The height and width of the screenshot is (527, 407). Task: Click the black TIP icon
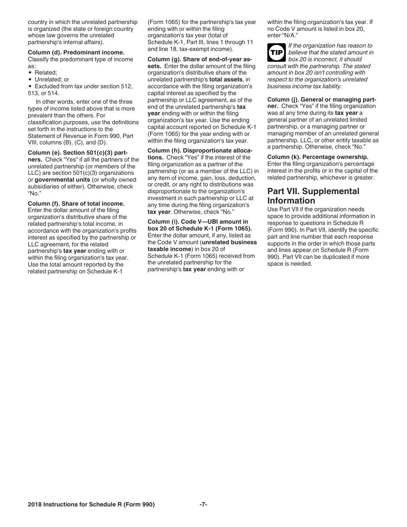pyautogui.click(x=276, y=52)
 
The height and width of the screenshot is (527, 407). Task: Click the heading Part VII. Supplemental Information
pyautogui.click(x=313, y=196)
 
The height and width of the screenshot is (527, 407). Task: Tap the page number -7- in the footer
pyautogui.click(x=203, y=505)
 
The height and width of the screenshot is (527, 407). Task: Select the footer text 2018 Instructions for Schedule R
pyautogui.click(x=91, y=505)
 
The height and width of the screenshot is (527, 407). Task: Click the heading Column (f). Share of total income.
pyautogui.click(x=76, y=204)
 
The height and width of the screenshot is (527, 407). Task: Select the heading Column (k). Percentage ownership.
pyautogui.click(x=317, y=157)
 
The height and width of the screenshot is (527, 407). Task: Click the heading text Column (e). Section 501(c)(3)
pyautogui.click(x=81, y=153)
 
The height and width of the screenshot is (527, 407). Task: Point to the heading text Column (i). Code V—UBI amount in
pyautogui.click(x=198, y=222)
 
